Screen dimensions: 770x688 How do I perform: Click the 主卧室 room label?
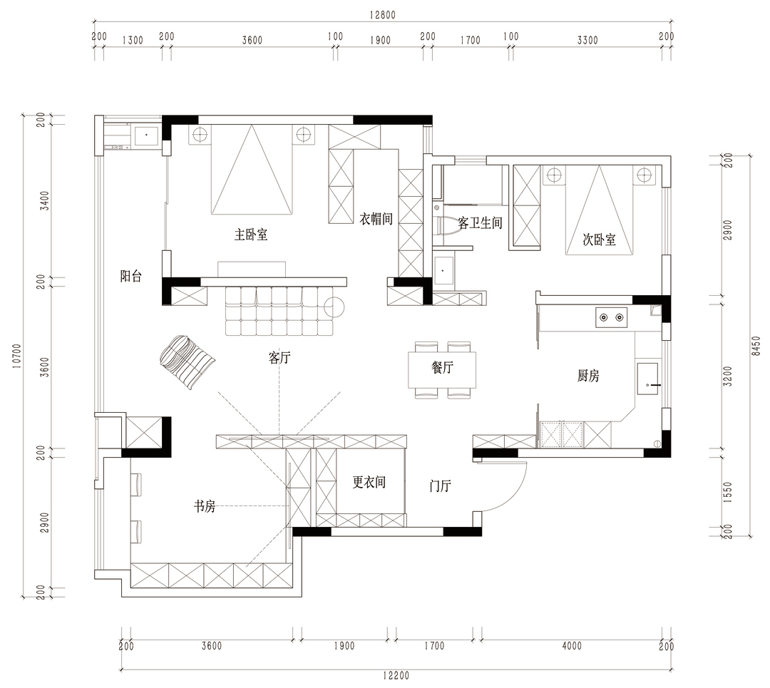[251, 235]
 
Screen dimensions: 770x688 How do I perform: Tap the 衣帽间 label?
[376, 219]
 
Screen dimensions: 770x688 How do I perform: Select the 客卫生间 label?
[481, 223]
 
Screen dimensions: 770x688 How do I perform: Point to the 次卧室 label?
[599, 240]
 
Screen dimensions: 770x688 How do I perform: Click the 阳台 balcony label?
[131, 276]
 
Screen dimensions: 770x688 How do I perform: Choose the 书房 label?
[205, 505]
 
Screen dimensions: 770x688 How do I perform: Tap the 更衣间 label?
[369, 482]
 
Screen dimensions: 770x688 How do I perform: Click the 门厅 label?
[440, 486]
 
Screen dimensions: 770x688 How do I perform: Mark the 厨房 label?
[588, 376]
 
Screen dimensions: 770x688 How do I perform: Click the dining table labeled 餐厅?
[442, 370]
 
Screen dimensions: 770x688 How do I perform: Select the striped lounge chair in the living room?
[187, 362]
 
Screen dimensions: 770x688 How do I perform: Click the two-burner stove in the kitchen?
[612, 318]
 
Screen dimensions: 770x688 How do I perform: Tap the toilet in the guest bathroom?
[446, 227]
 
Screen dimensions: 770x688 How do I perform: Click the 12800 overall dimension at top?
[383, 15]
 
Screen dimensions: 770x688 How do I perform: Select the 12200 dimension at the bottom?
[396, 676]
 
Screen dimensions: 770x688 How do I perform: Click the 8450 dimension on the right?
[756, 346]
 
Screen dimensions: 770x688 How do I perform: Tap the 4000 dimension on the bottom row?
[572, 646]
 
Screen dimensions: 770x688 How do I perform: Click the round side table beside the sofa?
[334, 307]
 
